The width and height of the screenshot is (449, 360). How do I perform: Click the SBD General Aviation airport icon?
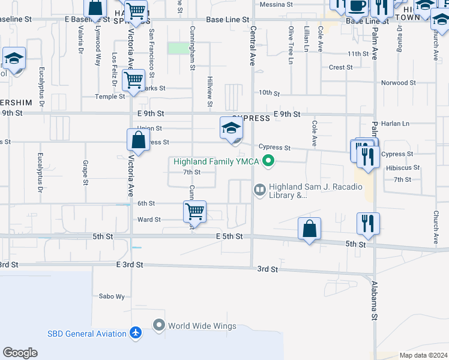coord(136,334)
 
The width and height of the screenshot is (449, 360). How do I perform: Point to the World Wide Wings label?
coord(196,326)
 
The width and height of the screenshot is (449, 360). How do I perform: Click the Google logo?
coord(20,353)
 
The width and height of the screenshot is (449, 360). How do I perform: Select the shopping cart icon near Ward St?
coord(194,212)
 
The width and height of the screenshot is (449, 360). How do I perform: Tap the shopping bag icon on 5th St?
coord(309,229)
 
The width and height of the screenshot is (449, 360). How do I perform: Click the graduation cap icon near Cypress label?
coord(231,128)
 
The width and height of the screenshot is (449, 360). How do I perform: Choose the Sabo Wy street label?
coord(112,296)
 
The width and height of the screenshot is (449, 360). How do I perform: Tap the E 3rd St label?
coord(130,265)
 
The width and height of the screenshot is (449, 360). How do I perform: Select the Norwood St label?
coord(399,83)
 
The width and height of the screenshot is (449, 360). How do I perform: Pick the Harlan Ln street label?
coord(397,124)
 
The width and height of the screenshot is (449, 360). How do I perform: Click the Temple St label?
coord(110,96)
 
